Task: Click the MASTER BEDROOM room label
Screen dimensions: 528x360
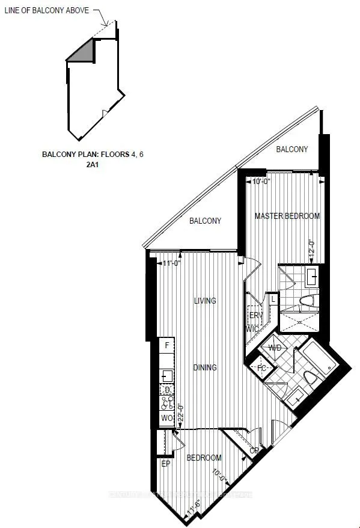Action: (287, 216)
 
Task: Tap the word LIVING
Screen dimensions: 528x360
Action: (205, 301)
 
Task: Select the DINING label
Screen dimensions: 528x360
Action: (205, 367)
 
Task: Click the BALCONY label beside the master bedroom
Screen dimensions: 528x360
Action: (292, 149)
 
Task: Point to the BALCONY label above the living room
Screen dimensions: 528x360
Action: (205, 221)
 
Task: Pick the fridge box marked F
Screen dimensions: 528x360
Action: (166, 345)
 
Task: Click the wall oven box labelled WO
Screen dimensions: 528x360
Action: (166, 418)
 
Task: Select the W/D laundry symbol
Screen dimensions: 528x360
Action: (275, 348)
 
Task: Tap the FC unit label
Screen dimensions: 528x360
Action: (262, 368)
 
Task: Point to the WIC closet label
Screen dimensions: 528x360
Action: (252, 329)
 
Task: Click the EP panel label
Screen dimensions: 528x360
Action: (166, 464)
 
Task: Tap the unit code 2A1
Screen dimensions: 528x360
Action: (92, 164)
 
